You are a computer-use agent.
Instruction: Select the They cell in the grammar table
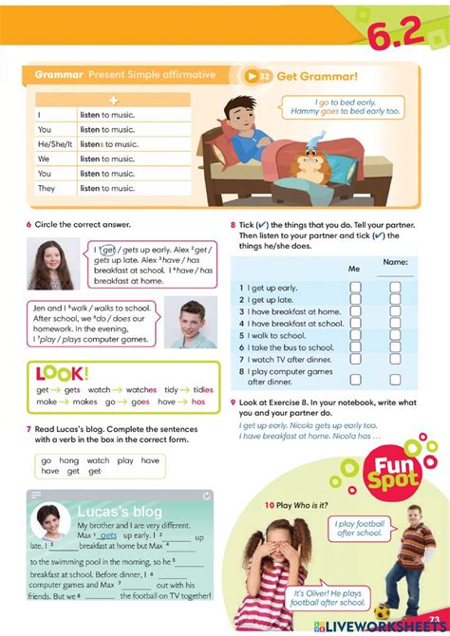(47, 189)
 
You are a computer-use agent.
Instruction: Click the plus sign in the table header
(113, 100)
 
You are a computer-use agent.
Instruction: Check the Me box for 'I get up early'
(355, 287)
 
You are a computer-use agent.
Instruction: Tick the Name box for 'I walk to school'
(396, 335)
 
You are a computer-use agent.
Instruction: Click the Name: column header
(396, 262)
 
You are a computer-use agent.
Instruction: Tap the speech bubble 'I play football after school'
(357, 528)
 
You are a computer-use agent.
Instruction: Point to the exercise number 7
(28, 429)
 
